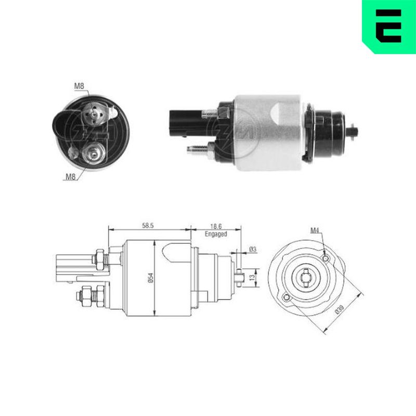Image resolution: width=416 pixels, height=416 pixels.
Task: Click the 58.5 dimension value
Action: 148,226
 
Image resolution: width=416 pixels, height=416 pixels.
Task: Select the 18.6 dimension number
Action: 216,226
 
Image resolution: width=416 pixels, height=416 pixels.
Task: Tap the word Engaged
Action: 216,234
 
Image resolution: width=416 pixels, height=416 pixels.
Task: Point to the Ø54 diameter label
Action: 151,278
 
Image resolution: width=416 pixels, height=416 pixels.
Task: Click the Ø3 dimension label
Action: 253,250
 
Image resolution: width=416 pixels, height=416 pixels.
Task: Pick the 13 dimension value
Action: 252,277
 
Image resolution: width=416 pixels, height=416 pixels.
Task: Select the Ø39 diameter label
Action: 340,309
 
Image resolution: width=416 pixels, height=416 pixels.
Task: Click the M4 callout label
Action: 315,231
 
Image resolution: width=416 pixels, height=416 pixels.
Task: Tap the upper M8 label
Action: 79,86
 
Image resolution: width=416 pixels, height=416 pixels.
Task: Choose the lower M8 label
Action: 71,177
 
